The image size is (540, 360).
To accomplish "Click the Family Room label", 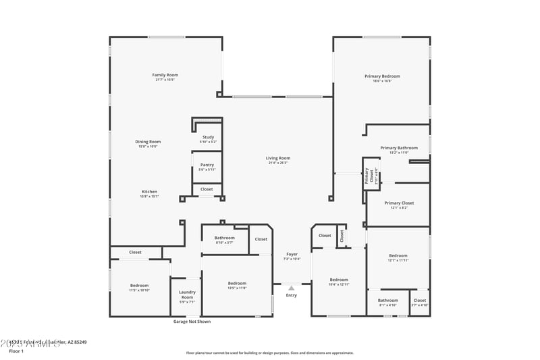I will (165, 75).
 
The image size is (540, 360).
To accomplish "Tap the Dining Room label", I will (148, 142).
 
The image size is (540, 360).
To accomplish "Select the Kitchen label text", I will (148, 192).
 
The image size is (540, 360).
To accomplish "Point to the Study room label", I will (208, 137).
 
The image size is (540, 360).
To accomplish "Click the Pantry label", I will (207, 165).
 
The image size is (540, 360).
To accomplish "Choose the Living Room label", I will (278, 158).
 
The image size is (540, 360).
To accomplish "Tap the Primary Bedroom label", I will (382, 76).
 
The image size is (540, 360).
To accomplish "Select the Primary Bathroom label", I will (398, 148).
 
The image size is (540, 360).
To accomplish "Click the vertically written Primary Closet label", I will (368, 176).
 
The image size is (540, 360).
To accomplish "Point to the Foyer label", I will (292, 254).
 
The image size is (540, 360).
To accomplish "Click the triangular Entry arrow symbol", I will (292, 288).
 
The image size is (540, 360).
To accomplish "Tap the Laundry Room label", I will (187, 295).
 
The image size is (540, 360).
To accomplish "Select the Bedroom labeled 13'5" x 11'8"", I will (237, 283).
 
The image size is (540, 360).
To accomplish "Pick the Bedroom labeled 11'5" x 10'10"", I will (139, 286).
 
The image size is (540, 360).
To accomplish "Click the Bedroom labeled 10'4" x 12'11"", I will (339, 280).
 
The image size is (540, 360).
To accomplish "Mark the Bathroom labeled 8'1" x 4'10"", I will (387, 301).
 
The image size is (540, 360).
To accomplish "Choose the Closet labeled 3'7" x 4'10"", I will (419, 301).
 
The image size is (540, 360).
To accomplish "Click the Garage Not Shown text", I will (192, 322).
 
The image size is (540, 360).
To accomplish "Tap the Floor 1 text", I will (16, 351).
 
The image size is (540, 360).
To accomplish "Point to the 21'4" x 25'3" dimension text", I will (278, 163).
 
